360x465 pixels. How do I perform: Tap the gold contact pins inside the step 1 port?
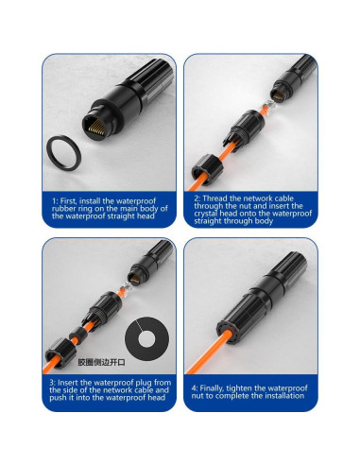[x=94, y=129]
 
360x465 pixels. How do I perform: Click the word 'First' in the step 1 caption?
[x=69, y=200]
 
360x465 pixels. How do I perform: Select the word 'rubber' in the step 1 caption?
[x=61, y=209]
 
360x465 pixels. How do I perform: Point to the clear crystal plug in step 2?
[x=268, y=106]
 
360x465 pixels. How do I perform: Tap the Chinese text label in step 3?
[x=101, y=363]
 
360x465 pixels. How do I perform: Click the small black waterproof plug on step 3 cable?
[x=78, y=334]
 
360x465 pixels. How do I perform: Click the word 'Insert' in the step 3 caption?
[x=67, y=383]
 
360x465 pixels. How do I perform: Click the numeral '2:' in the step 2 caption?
[x=197, y=198]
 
